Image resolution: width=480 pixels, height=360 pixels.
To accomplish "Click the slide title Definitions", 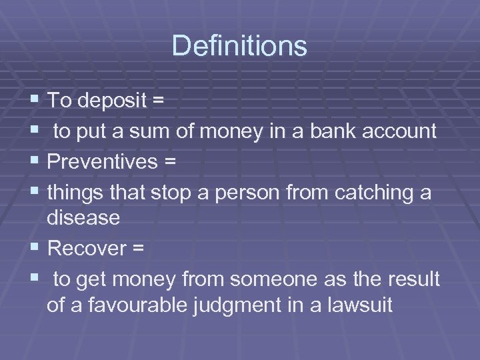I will click(x=239, y=46).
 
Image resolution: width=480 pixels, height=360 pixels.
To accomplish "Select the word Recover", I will click(x=87, y=248).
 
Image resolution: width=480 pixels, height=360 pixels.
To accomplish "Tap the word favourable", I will click(x=151, y=305).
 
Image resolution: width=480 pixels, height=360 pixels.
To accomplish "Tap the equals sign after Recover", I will click(x=138, y=249).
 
